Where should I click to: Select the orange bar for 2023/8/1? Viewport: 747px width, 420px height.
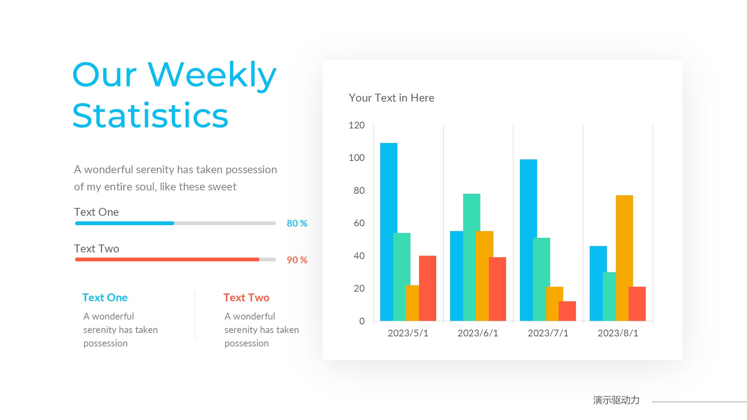tap(624, 258)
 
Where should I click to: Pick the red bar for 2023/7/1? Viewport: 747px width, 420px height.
tap(567, 311)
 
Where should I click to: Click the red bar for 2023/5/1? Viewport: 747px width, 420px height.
tap(428, 288)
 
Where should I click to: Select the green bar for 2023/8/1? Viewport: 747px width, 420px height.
tap(609, 296)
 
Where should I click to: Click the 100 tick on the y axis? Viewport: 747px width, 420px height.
tap(357, 158)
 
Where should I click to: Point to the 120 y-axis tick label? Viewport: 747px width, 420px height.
tap(357, 125)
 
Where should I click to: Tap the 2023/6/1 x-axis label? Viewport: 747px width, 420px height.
tap(478, 333)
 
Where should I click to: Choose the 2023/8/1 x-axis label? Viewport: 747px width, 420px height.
tap(618, 333)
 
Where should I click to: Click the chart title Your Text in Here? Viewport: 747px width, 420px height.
tap(391, 98)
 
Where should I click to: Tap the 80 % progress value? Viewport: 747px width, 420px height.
tap(297, 223)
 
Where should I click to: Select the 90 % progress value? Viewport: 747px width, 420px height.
tap(297, 260)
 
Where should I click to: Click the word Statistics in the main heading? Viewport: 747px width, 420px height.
tap(150, 116)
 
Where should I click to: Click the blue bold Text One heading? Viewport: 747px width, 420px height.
tap(105, 298)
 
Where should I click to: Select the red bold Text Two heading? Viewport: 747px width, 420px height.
tap(247, 298)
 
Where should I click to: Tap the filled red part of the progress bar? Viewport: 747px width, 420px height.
tap(167, 259)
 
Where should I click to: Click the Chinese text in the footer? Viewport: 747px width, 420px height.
tap(616, 400)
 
